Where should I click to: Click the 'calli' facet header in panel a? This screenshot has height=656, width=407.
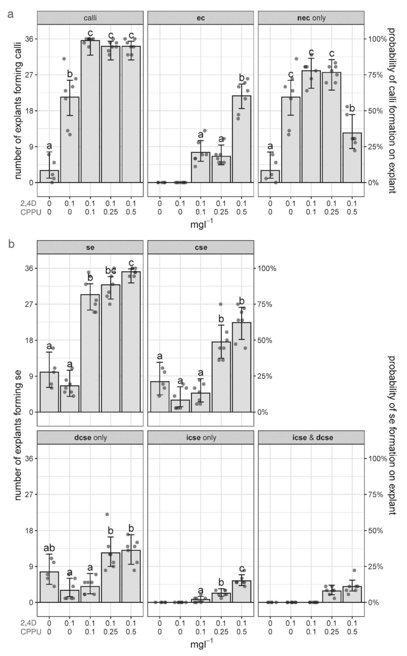[x=90, y=17]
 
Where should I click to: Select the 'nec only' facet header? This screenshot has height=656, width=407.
[x=311, y=17]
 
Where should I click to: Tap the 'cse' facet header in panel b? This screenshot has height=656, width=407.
[x=201, y=247]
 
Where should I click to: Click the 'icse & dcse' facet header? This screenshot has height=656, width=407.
[x=311, y=438]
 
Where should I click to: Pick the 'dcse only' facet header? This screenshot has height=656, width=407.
[x=90, y=438]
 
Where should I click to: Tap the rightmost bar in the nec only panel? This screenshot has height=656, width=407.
[x=352, y=157]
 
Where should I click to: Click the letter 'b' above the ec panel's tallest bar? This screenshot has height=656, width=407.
[x=242, y=78]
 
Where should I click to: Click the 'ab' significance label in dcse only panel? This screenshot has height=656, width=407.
[x=49, y=548]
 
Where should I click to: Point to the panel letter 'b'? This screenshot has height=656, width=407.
[x=11, y=244]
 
